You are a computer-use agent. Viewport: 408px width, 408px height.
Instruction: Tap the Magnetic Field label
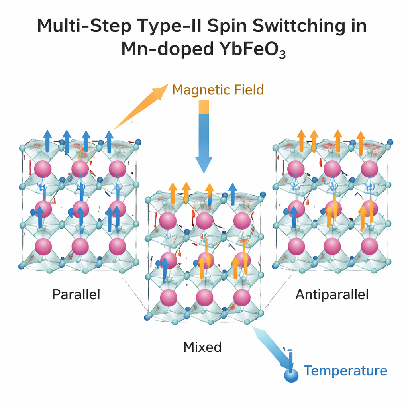click(218, 90)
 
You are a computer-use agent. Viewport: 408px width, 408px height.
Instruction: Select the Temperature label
click(345, 371)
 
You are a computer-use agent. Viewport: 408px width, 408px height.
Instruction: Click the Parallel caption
click(76, 295)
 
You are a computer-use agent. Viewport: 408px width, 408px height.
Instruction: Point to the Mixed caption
click(202, 347)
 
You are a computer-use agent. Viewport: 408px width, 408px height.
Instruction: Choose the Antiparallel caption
click(332, 295)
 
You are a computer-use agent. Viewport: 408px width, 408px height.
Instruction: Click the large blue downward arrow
click(204, 139)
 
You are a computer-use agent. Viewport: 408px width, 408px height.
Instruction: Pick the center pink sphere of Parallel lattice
click(80, 209)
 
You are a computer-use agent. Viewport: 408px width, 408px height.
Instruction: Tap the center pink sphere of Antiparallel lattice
click(332, 209)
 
